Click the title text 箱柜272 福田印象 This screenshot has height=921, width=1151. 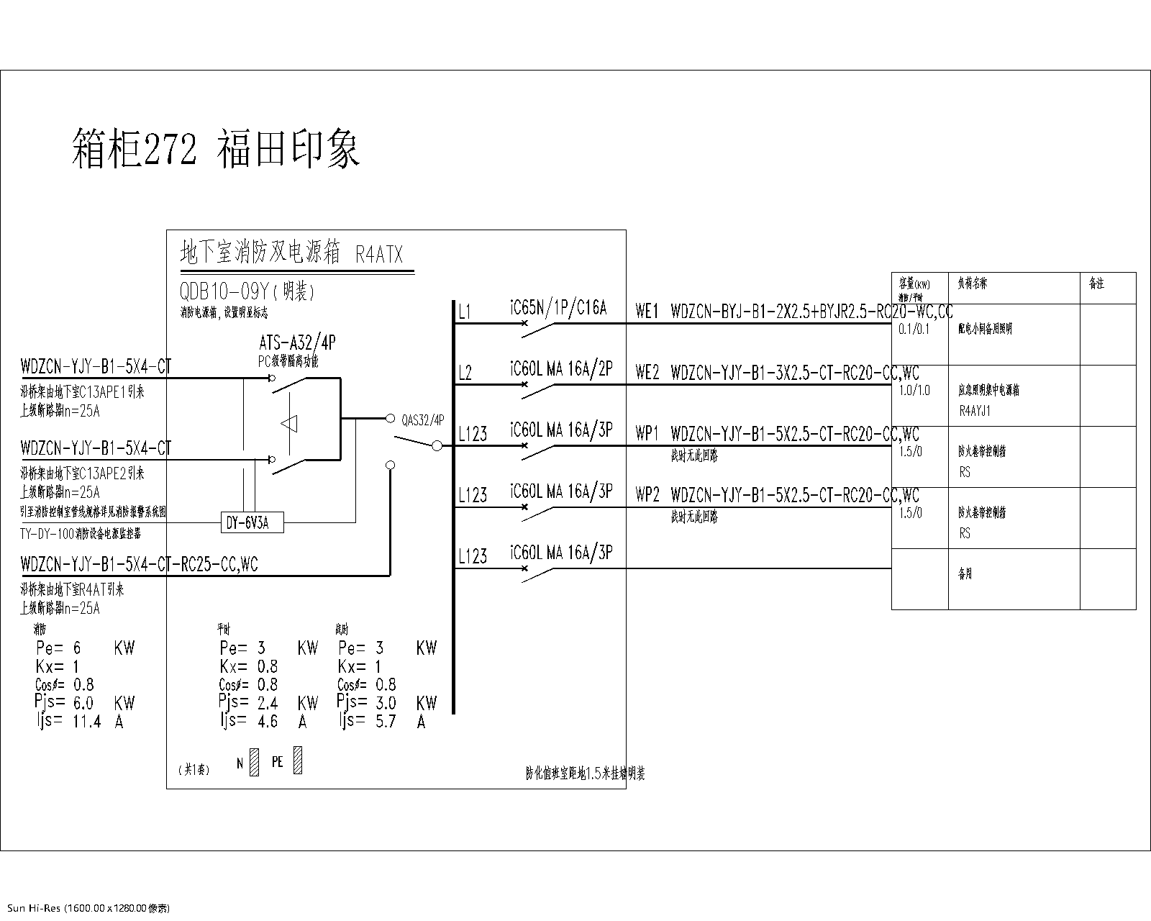click(216, 150)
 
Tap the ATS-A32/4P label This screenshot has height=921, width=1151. click(296, 344)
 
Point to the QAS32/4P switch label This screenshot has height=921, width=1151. click(423, 419)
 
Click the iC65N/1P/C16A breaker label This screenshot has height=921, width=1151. click(558, 309)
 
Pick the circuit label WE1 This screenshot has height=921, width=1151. click(647, 312)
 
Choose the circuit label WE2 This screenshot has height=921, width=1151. click(647, 373)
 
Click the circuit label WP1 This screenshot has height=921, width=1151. click(647, 434)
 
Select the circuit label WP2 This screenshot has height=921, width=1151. click(647, 495)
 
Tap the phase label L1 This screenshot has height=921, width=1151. click(465, 312)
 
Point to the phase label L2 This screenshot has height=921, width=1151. click(465, 373)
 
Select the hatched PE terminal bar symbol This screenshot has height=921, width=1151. click(298, 761)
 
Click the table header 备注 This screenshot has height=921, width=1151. click(1096, 284)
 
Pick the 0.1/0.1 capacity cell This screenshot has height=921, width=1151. click(914, 329)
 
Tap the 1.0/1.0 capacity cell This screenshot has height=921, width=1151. click(914, 390)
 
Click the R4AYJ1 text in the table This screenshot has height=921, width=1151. click(975, 411)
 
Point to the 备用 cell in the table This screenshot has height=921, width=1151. click(965, 574)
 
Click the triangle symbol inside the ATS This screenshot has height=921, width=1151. click(290, 425)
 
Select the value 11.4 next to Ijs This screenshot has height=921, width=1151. click(87, 721)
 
